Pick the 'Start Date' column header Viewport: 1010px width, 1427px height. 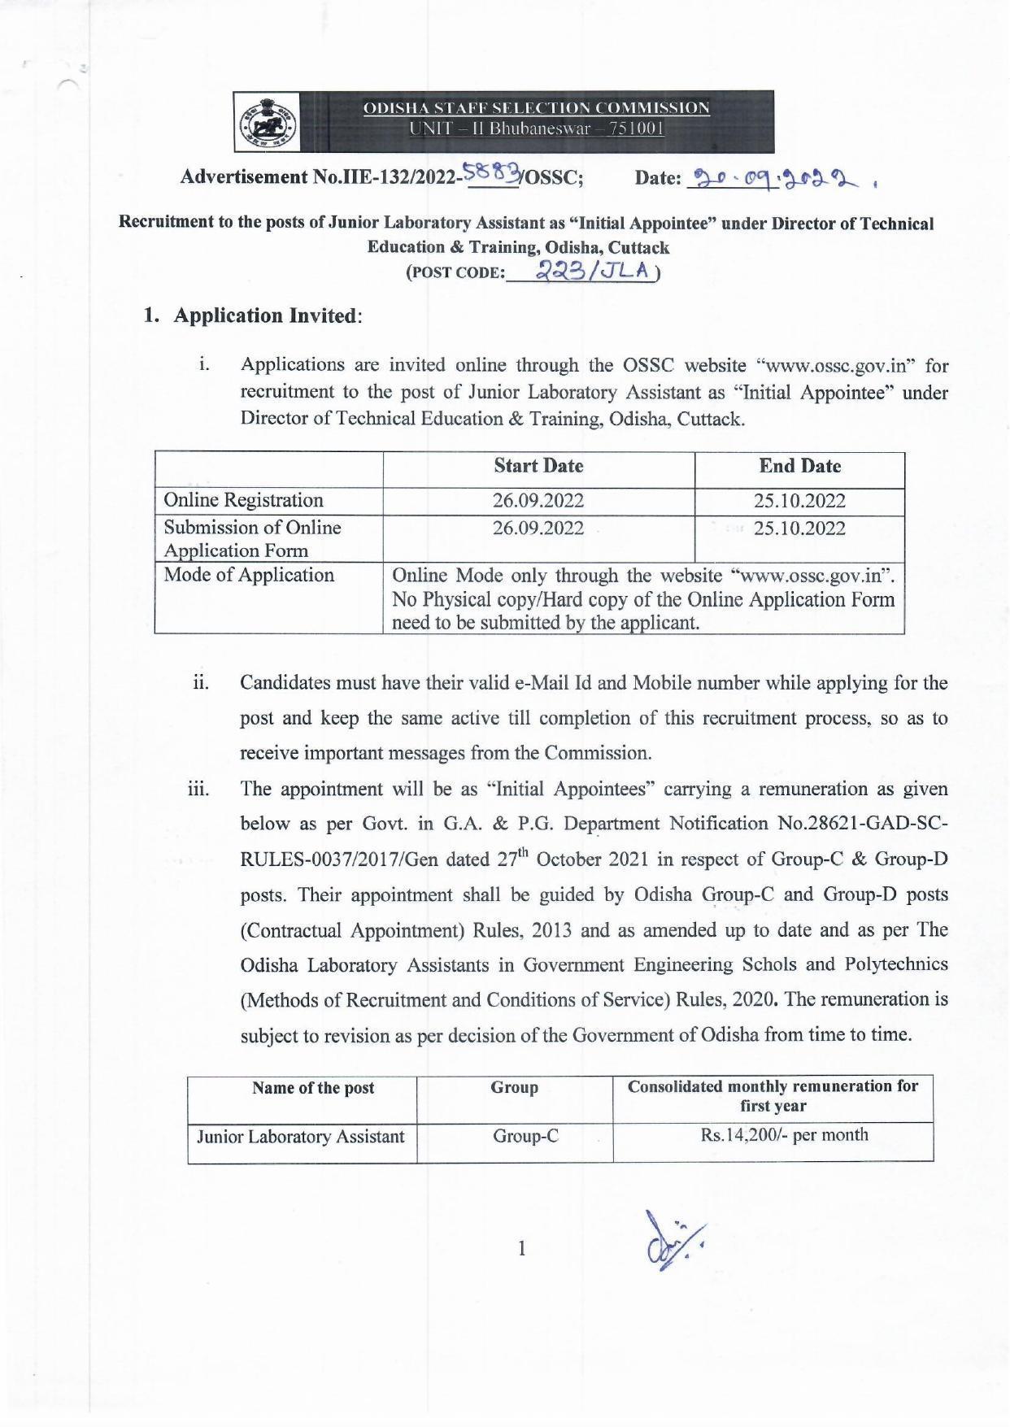pyautogui.click(x=538, y=466)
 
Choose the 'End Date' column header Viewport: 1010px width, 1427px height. pyautogui.click(x=799, y=466)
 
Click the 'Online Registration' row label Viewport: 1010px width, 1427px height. pyautogui.click(x=243, y=500)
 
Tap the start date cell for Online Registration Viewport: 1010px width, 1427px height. pyautogui.click(x=538, y=500)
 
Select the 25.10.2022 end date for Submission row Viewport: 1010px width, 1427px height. pyautogui.click(x=799, y=529)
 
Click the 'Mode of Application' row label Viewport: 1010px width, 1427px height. pyautogui.click(x=249, y=575)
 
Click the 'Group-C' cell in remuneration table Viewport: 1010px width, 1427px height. pyautogui.click(x=525, y=1136)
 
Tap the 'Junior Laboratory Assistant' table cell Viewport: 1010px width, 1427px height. pyautogui.click(x=301, y=1136)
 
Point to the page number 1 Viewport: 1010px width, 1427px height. pyautogui.click(x=522, y=1248)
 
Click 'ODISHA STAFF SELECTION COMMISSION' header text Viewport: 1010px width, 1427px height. pyautogui.click(x=536, y=108)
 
